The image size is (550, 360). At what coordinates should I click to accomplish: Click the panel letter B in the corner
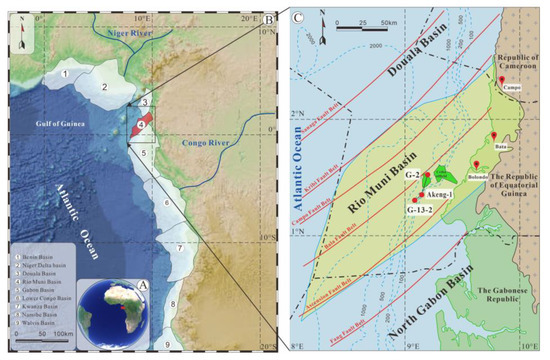tap(268, 17)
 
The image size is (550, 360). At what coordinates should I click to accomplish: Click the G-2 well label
tap(411, 176)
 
